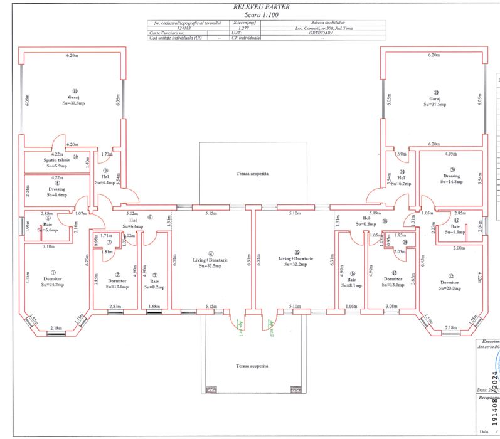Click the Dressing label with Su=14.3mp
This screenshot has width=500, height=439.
tap(451, 176)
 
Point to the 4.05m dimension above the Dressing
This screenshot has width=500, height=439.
tap(449, 153)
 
